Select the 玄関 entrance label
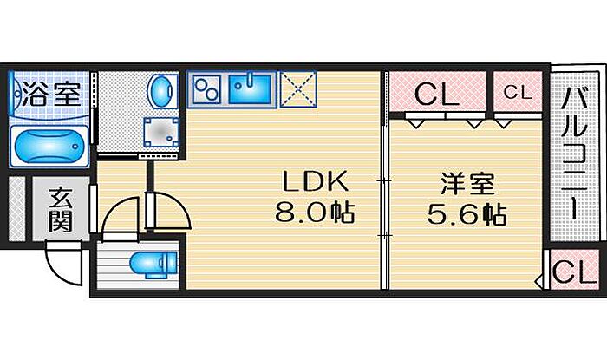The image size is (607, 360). (x=62, y=208)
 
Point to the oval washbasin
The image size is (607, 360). (x=160, y=90)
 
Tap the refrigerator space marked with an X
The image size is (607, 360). (x=297, y=88)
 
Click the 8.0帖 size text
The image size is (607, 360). (x=315, y=213)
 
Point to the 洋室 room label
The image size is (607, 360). (x=467, y=184)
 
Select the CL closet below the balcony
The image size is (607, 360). (x=571, y=272)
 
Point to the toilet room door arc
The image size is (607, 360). (x=119, y=217)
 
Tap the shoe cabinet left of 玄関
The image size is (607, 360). (x=16, y=208)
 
